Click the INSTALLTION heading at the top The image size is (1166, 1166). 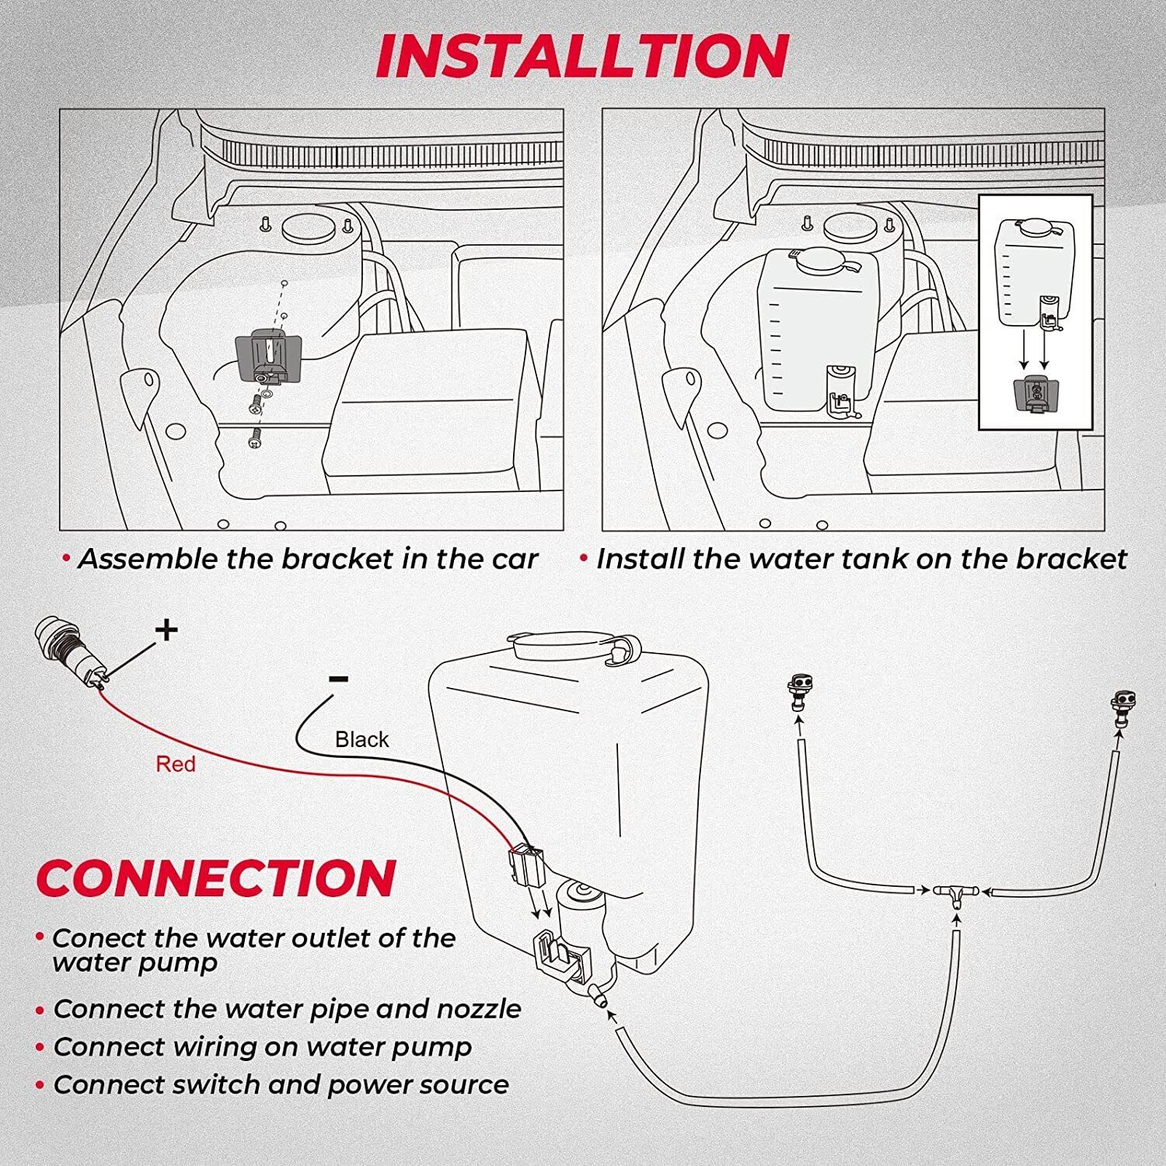(582, 56)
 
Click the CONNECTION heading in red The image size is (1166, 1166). (216, 878)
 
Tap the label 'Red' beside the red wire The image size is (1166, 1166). (175, 764)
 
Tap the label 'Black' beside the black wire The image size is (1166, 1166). (361, 739)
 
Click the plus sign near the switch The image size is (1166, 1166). (166, 630)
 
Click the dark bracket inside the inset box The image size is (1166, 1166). (1033, 392)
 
